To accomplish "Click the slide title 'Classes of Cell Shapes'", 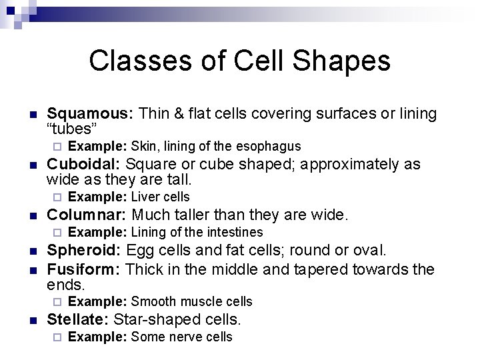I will click(239, 61).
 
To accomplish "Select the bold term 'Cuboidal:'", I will click(84, 165).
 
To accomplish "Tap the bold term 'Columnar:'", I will click(87, 215).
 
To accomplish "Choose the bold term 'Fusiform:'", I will click(84, 269).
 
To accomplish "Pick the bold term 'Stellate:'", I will click(79, 319).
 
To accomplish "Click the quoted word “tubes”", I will click(73, 129).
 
